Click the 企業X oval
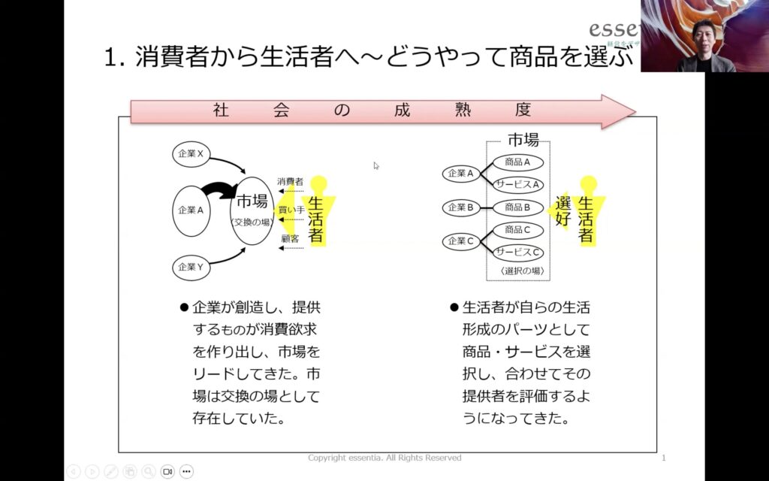pyautogui.click(x=191, y=154)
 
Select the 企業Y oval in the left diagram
pyautogui.click(x=191, y=267)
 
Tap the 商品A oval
pyautogui.click(x=518, y=162)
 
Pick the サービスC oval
pyautogui.click(x=518, y=253)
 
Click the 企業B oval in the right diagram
pyautogui.click(x=461, y=207)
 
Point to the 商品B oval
pyautogui.click(x=518, y=207)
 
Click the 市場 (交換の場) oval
pyautogui.click(x=252, y=210)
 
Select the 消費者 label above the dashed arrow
pyautogui.click(x=290, y=182)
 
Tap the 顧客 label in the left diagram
pyautogui.click(x=290, y=239)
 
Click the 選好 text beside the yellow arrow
pyautogui.click(x=564, y=212)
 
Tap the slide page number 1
pyautogui.click(x=664, y=458)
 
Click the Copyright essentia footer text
pyautogui.click(x=384, y=458)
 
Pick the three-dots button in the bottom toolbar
pyautogui.click(x=186, y=471)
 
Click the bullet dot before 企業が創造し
pyautogui.click(x=182, y=307)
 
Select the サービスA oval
pyautogui.click(x=518, y=184)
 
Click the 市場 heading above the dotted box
pyautogui.click(x=523, y=139)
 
